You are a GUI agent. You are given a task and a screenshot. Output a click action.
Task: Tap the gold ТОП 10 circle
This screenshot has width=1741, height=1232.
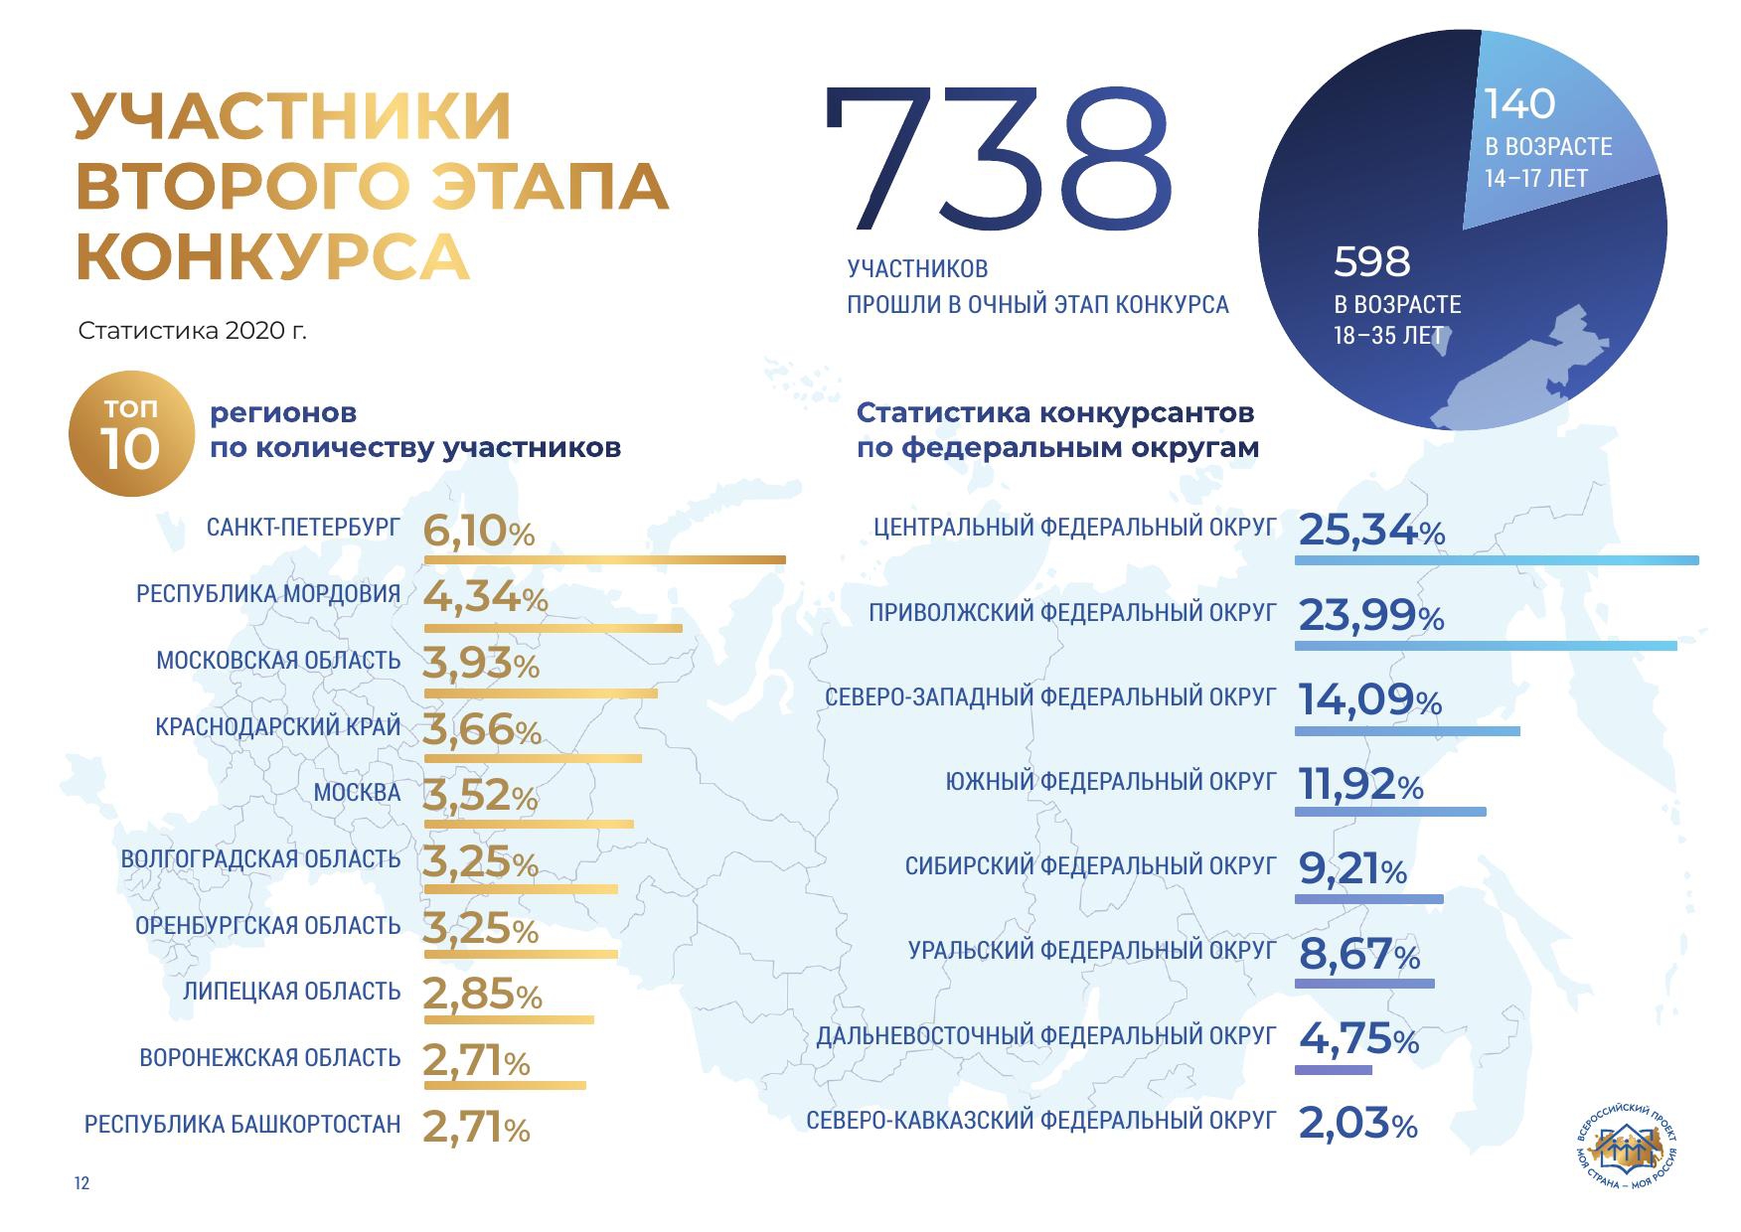[x=130, y=433]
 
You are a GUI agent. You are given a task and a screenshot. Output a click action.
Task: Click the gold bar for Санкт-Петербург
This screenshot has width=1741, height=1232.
[x=604, y=560]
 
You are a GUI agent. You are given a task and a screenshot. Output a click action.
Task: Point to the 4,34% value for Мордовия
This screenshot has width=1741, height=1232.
[x=485, y=597]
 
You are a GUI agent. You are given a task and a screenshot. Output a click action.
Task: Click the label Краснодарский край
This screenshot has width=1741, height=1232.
[x=278, y=726]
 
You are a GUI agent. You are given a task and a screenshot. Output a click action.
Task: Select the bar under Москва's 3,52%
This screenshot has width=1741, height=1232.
[x=529, y=824]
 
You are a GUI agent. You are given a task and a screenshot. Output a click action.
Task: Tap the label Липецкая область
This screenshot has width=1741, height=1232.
[x=291, y=992]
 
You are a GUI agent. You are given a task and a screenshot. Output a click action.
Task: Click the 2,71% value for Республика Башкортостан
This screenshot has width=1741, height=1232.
[x=476, y=1128]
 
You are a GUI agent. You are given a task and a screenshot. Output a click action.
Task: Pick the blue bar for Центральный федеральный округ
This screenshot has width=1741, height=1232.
[x=1496, y=560]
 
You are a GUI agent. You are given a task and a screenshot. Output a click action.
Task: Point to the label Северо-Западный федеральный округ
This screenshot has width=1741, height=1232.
[x=1049, y=697]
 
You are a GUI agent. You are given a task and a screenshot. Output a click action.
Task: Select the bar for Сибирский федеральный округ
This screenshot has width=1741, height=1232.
[x=1368, y=899]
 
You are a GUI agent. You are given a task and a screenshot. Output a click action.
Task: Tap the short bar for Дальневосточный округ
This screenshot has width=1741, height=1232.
[x=1333, y=1070]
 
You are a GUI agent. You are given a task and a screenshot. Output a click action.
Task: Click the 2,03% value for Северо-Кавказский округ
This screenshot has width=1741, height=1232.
[x=1357, y=1124]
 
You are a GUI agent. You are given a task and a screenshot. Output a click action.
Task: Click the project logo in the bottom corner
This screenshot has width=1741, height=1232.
[x=1626, y=1149]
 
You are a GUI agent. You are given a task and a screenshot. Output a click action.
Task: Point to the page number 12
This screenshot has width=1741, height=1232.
[x=81, y=1183]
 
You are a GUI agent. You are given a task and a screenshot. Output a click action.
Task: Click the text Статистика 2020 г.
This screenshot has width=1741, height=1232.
[x=192, y=331]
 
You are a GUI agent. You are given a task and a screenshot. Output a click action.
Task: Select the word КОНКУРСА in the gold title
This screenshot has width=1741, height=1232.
[x=272, y=257]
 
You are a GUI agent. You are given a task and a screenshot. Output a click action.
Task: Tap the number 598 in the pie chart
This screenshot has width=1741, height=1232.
[x=1371, y=262]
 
